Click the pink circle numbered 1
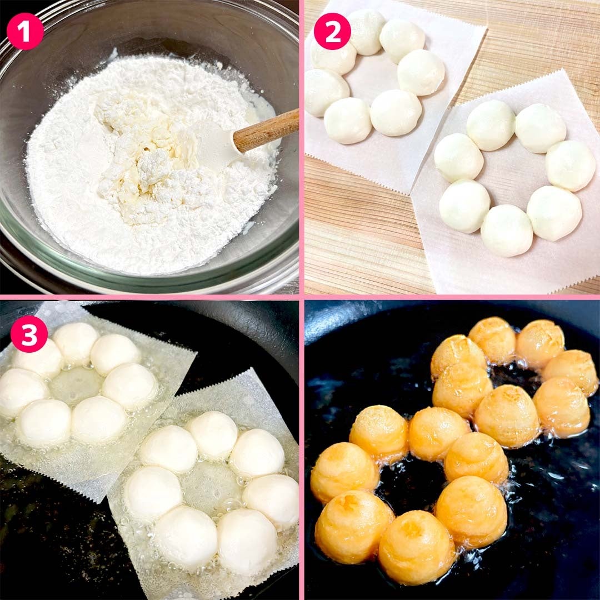point(25,31)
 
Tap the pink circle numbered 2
point(332,31)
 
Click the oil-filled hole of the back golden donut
point(513,377)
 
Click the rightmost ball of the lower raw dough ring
point(570,166)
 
